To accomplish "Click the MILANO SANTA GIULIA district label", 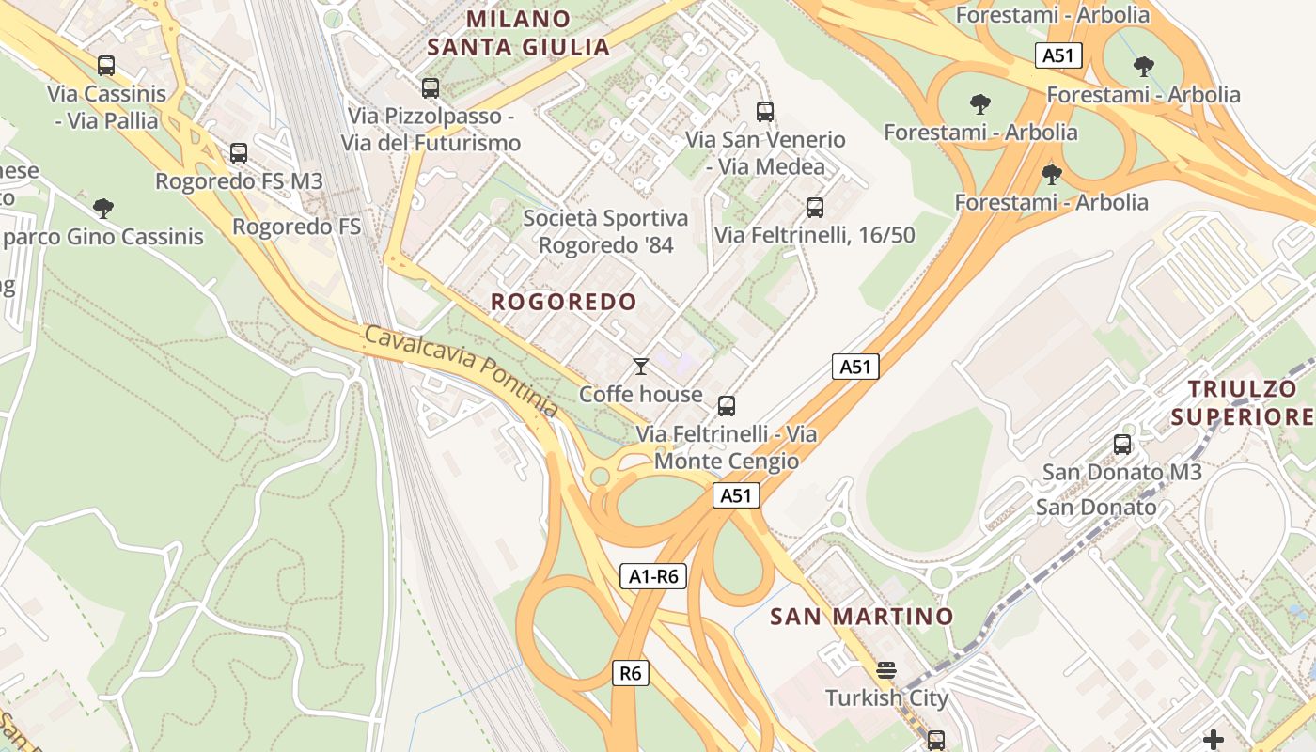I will coord(519,33).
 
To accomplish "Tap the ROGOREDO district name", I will coord(564,302).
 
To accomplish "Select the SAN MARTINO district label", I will coord(861,617).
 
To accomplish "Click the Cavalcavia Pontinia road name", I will coord(461,371).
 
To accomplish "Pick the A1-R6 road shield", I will coord(653,576).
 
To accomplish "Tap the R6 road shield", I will coord(631,673).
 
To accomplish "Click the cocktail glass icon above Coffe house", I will coord(641,367).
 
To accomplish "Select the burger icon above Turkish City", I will coord(885,671).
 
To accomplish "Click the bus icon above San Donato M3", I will coord(1122,445).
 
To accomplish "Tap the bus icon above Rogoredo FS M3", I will coord(239,153).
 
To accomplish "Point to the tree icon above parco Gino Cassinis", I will coord(103,209).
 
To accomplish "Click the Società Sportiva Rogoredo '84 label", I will coord(605,231).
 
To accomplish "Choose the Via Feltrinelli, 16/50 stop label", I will coord(814,235).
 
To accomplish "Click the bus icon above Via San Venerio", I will coord(765,112).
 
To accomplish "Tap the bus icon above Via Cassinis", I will coord(106,66).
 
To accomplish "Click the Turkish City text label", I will coord(886,698).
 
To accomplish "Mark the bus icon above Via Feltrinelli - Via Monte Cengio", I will coord(727,406).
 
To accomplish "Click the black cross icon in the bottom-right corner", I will coord(1214,740).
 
